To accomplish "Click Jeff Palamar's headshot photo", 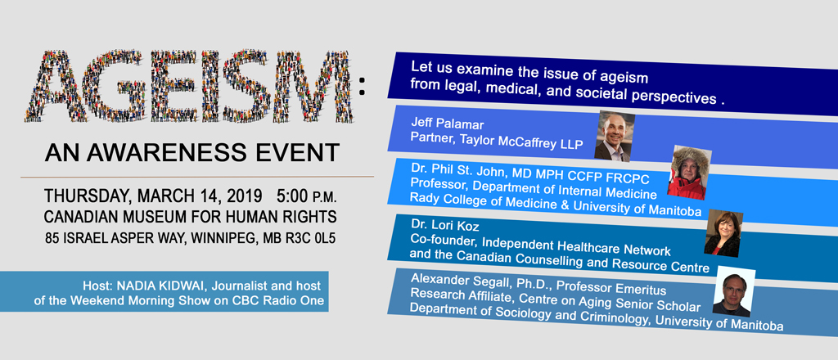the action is [615, 136].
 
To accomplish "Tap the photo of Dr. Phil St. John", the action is [689, 173].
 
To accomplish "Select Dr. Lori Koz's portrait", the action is [723, 233].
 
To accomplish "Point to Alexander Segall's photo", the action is [734, 291].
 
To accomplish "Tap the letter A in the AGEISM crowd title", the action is [52, 86].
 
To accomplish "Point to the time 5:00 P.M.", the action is [307, 196].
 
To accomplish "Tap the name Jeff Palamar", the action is [448, 124].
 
